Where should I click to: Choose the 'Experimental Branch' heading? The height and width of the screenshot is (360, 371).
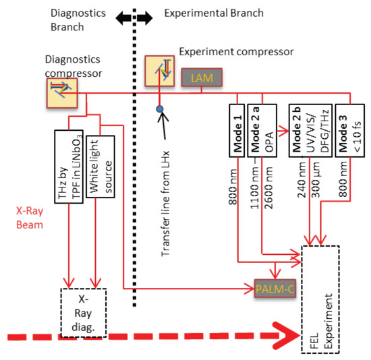click(x=214, y=13)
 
